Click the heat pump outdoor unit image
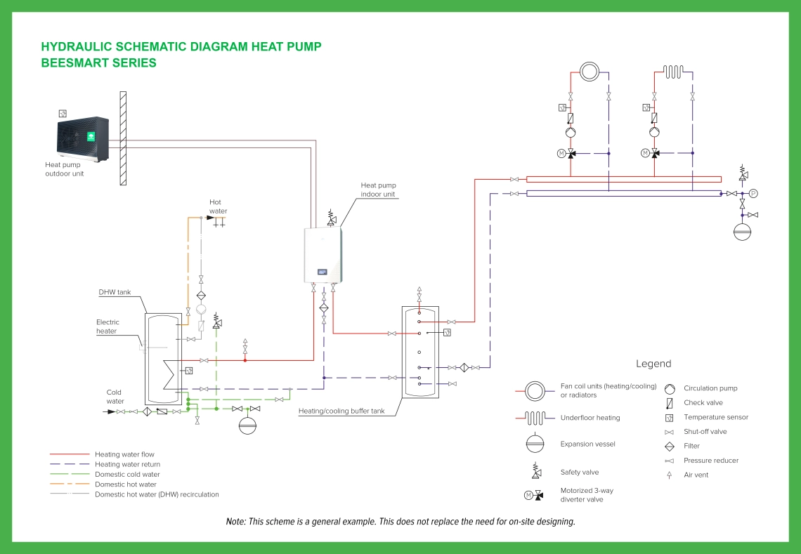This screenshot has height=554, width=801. pos(82,139)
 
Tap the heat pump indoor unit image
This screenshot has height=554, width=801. pos(323,256)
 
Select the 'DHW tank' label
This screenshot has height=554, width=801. pos(114,292)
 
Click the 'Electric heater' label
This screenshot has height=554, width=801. pos(108,327)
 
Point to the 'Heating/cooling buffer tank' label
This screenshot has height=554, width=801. pos(341,411)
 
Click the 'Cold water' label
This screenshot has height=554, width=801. pos(115,397)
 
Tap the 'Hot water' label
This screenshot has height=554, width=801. pos(218,206)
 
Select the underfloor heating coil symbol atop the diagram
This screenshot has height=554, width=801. pos(673,71)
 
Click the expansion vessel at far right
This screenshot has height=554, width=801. pos(743,231)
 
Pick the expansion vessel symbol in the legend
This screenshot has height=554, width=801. pos(535,444)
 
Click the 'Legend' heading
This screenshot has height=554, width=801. pos(653,364)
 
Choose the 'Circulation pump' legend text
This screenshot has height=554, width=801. pos(710,388)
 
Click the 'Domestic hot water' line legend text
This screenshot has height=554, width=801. pos(126,484)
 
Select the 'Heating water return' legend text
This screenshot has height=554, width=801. pos(127,464)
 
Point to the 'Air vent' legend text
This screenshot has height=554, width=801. pos(696,475)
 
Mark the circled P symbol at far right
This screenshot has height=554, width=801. pos(753,193)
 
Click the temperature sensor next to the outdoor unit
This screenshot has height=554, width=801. pos(63,113)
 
